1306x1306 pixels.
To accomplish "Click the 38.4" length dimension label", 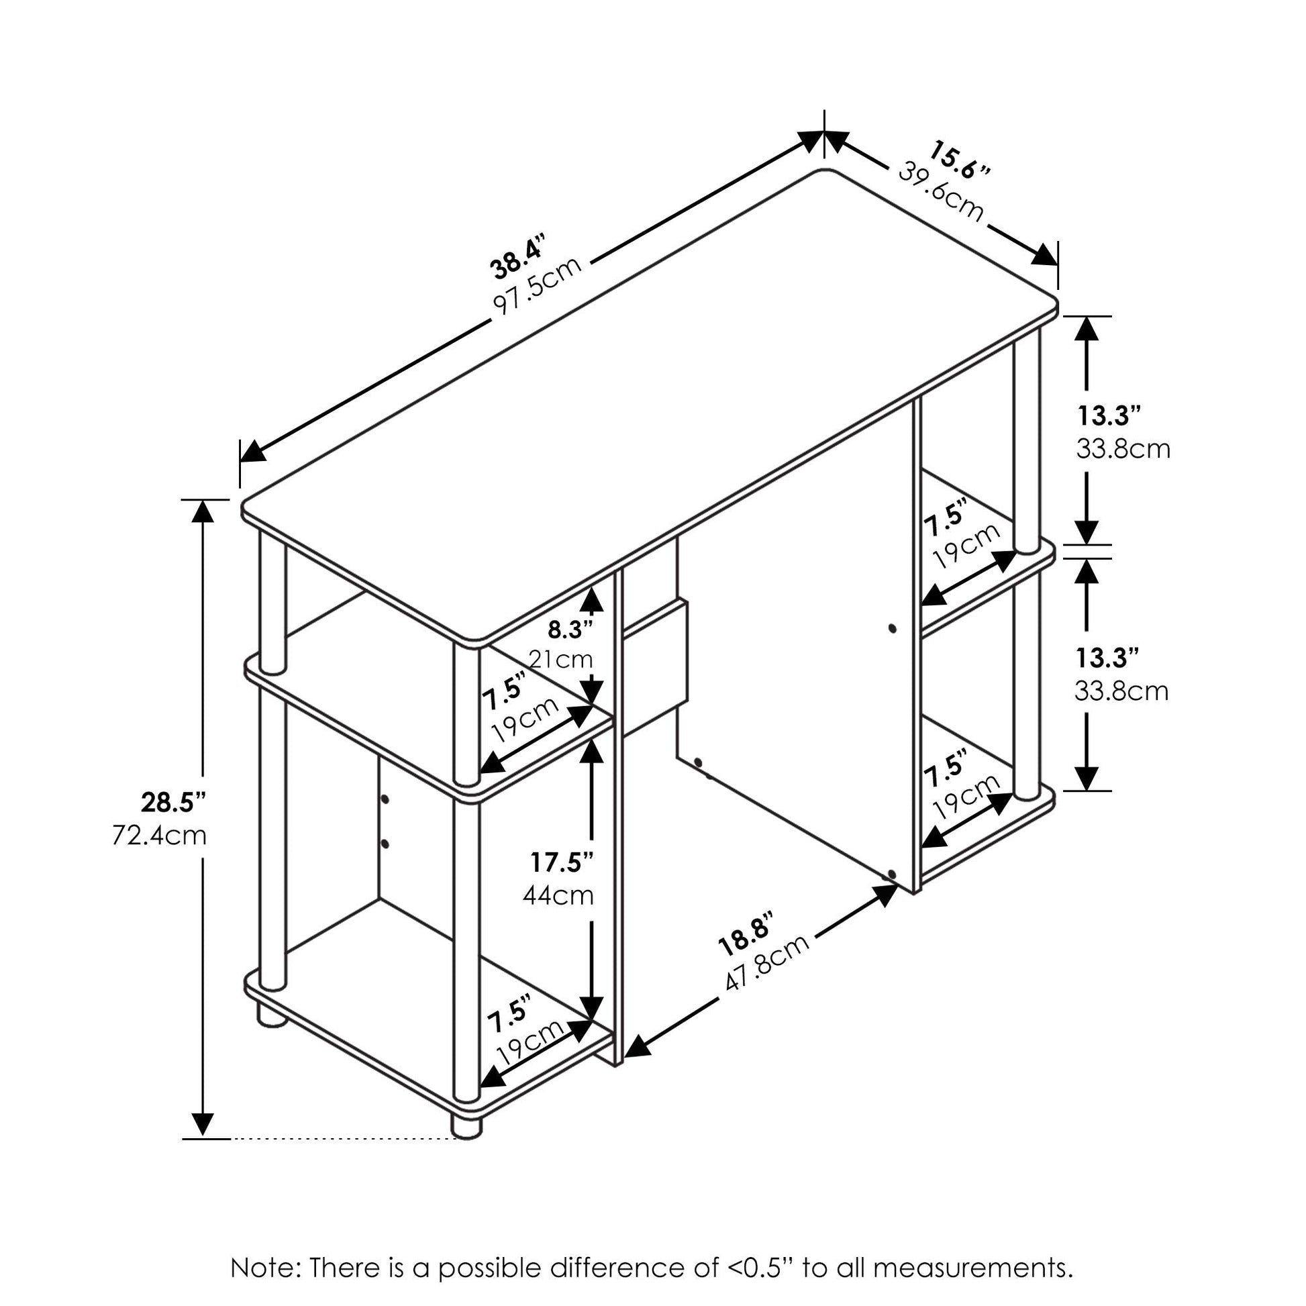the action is [x=517, y=258].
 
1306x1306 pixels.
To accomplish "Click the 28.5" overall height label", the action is [x=174, y=803].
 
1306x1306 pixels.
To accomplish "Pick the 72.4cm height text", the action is [x=160, y=836].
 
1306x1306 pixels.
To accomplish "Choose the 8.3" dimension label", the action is [x=570, y=630].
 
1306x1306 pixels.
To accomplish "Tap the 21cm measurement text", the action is [x=560, y=659].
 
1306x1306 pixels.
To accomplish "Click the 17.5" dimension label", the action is [x=562, y=862].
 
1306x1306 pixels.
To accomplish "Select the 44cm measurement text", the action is [x=558, y=896].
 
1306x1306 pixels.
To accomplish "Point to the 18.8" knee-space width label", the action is [x=745, y=936].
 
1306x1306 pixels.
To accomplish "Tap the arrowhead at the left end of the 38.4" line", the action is [x=253, y=450].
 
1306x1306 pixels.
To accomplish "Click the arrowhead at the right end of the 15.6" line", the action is [x=1044, y=254].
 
